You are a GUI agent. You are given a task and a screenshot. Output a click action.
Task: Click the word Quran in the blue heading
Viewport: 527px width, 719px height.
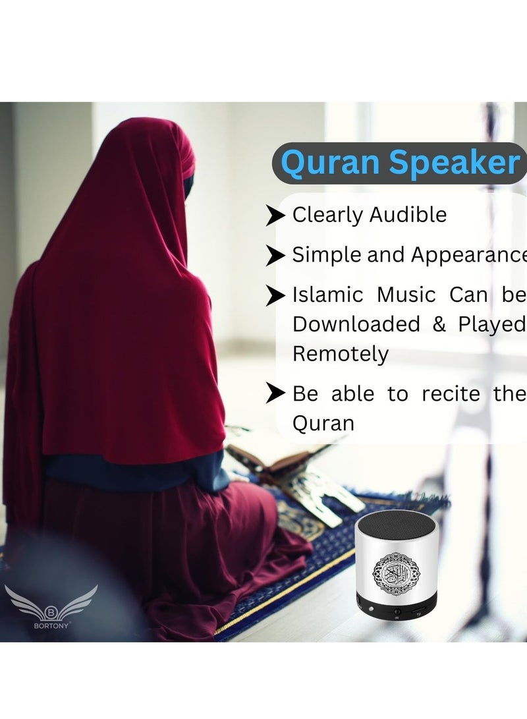327,163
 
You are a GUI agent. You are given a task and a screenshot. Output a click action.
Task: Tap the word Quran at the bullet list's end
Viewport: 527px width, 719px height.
323,423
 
